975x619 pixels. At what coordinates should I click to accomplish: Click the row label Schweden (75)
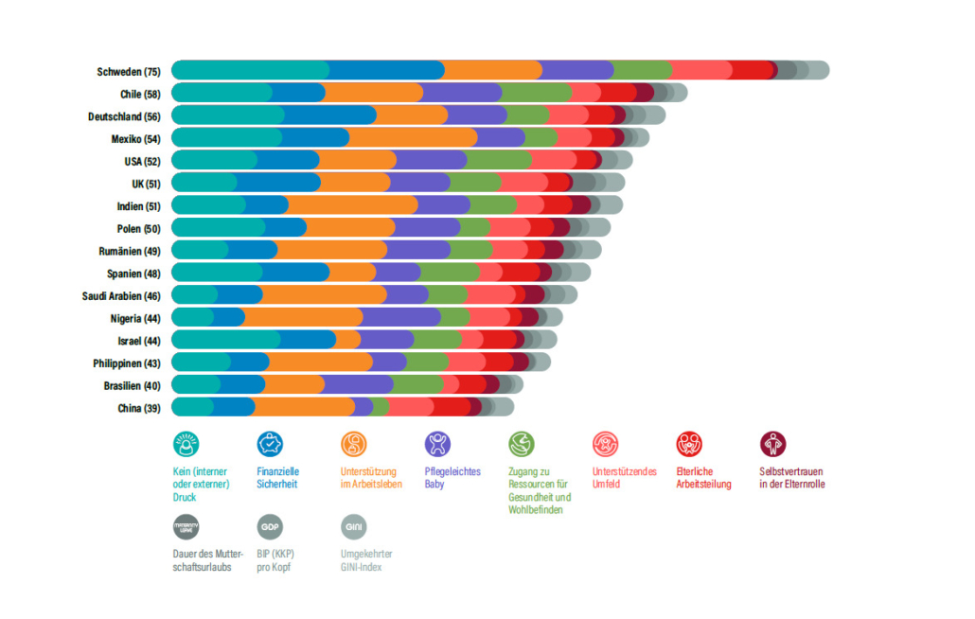pyautogui.click(x=129, y=72)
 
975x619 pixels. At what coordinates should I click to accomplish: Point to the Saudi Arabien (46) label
pyautogui.click(x=121, y=295)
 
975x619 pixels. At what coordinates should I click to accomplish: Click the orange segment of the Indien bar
pyautogui.click(x=352, y=205)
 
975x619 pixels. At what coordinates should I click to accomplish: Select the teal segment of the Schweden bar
pyautogui.click(x=251, y=70)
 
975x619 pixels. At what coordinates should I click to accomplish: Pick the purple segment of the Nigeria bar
pyautogui.click(x=400, y=317)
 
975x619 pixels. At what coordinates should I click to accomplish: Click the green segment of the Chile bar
pyautogui.click(x=535, y=93)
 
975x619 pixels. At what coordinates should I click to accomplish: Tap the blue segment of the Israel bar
pyautogui.click(x=309, y=340)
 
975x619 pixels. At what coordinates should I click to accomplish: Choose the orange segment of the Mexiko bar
pyautogui.click(x=413, y=138)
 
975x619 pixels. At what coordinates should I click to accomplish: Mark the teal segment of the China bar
pyautogui.click(x=193, y=407)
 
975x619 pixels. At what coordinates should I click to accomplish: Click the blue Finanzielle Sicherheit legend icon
pyautogui.click(x=270, y=444)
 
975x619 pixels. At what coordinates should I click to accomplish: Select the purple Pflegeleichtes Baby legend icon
pyautogui.click(x=437, y=444)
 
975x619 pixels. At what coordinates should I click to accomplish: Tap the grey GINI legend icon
pyautogui.click(x=354, y=527)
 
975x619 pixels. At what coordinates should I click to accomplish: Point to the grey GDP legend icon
pyautogui.click(x=270, y=527)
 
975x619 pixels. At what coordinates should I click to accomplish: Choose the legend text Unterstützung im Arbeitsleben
pyautogui.click(x=371, y=478)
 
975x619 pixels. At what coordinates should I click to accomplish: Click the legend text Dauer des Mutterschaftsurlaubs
pyautogui.click(x=207, y=560)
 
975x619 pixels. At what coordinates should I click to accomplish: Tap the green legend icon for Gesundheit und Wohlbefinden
pyautogui.click(x=522, y=444)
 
